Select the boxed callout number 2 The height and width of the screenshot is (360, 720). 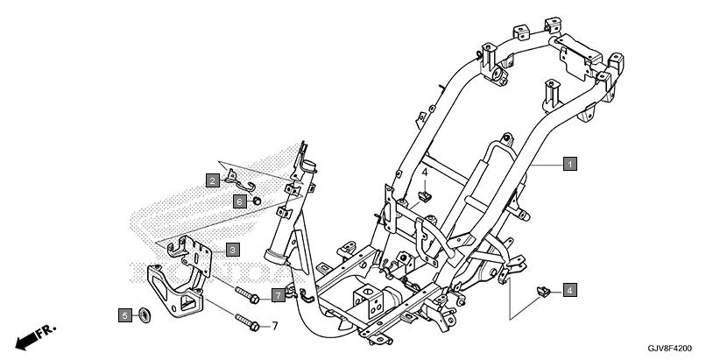(213, 180)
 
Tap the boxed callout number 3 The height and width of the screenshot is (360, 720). (232, 250)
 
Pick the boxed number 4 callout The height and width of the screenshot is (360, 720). (570, 289)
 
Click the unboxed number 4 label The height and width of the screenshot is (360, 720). (425, 173)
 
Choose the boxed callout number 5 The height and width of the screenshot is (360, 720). (125, 314)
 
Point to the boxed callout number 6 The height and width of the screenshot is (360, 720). (237, 201)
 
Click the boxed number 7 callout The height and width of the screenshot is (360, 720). (277, 295)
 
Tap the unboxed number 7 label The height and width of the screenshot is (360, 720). (274, 326)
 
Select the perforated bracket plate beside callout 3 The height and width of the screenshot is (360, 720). (194, 251)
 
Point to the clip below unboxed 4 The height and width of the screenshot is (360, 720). (425, 195)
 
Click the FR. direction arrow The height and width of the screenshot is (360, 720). (35, 336)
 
